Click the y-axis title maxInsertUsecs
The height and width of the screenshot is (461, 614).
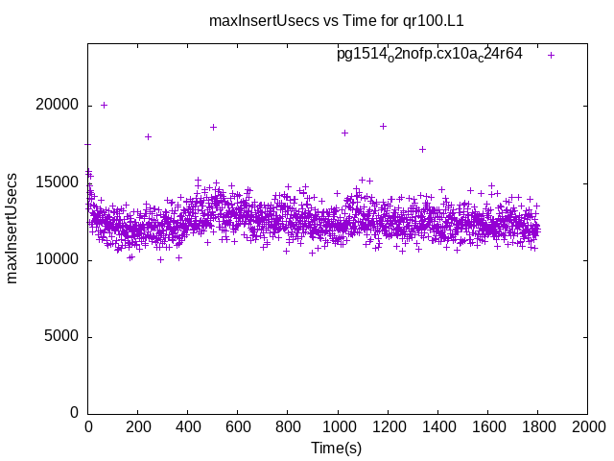point(12,229)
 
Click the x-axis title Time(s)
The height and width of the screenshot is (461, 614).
point(336,448)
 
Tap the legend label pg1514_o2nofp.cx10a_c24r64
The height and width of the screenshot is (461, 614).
point(429,54)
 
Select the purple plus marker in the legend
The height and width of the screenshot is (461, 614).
point(551,55)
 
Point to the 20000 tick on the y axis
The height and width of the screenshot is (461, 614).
point(59,106)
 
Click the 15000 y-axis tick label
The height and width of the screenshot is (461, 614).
point(59,182)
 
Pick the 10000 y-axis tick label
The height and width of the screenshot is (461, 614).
point(59,259)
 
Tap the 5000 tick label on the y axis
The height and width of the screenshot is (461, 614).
point(63,336)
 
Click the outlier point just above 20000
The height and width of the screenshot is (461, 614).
point(104,105)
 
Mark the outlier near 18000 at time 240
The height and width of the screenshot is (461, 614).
point(148,136)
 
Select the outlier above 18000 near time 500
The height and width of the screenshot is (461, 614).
point(213,127)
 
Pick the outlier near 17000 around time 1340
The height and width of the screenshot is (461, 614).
point(422,149)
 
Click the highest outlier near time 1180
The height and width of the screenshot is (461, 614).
point(383,126)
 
